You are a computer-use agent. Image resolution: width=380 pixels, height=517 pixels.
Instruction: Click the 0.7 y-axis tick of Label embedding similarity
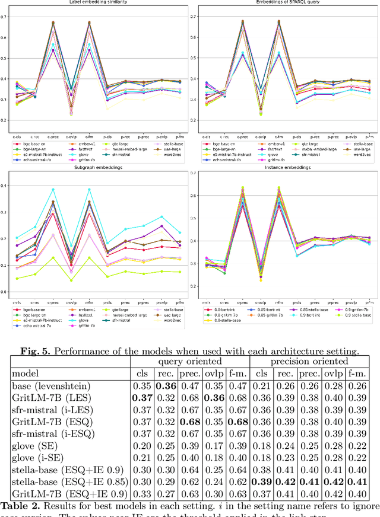(6, 17)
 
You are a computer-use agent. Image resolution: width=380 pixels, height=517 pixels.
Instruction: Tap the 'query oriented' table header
(190, 361)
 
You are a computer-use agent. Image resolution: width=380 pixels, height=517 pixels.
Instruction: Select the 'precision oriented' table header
(309, 361)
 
